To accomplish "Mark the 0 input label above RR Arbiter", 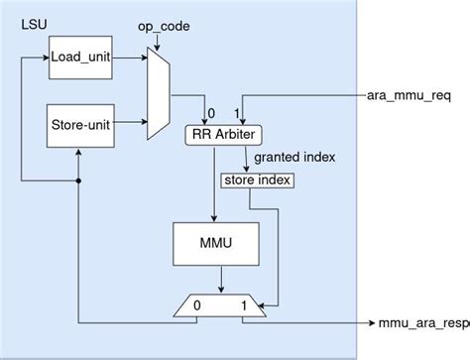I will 210,112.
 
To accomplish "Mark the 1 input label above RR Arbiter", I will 236,112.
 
